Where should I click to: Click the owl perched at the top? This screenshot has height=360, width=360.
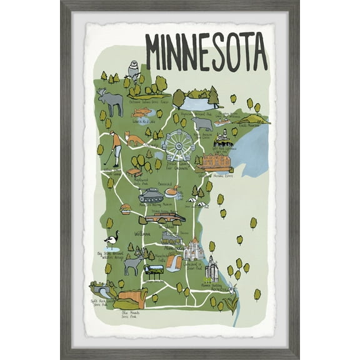pyautogui.click(x=132, y=67)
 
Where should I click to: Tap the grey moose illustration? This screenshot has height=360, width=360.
pyautogui.click(x=111, y=102)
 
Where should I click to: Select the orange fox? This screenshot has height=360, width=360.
pyautogui.click(x=134, y=138)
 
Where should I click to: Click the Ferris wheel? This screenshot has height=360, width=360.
pyautogui.click(x=178, y=146)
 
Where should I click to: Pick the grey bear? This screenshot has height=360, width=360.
pyautogui.click(x=202, y=123)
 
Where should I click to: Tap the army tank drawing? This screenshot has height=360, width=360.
pyautogui.click(x=151, y=196)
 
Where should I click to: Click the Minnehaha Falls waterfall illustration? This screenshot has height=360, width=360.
pyautogui.click(x=174, y=262)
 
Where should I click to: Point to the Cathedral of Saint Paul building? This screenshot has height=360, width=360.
pyautogui.click(x=193, y=250)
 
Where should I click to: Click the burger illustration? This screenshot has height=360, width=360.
pyautogui.click(x=126, y=209)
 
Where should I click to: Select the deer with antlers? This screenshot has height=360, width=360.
pyautogui.click(x=134, y=262)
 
